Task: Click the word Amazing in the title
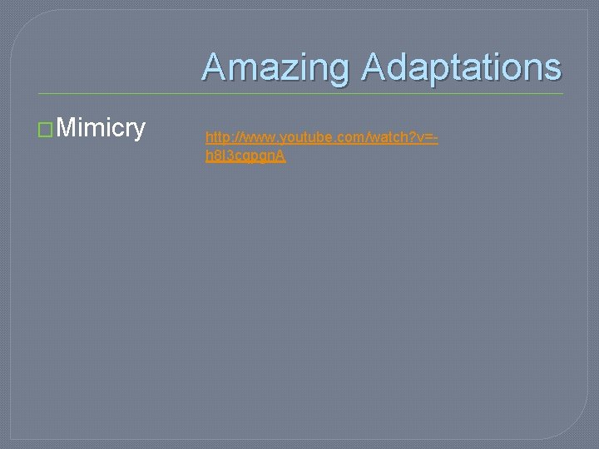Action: [x=276, y=67]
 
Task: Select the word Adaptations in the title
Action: [x=461, y=67]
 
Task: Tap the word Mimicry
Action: [x=102, y=128]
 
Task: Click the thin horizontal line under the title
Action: [x=299, y=93]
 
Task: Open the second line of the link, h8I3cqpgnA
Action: [x=245, y=155]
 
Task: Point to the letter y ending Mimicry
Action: [x=139, y=131]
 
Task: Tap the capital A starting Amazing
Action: [x=214, y=67]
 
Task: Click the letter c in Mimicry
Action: [x=117, y=130]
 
